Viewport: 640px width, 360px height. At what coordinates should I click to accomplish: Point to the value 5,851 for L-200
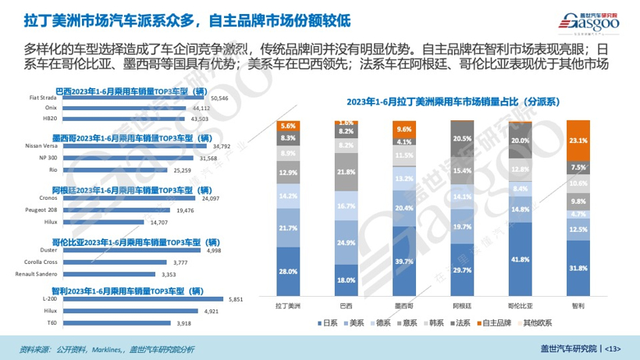pos(233,299)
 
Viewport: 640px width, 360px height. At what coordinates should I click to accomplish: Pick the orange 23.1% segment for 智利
pos(577,141)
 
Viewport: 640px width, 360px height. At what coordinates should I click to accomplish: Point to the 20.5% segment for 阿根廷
pos(461,138)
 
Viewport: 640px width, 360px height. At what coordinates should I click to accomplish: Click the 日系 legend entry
pos(330,323)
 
